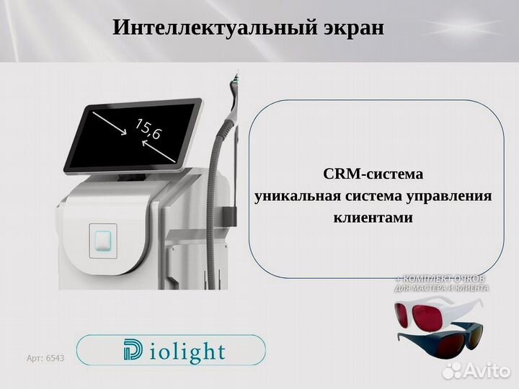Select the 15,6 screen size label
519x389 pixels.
pos(148,130)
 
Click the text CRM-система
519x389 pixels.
pos(373,174)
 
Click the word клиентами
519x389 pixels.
pos(373,218)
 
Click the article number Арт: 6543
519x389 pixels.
pos(45,358)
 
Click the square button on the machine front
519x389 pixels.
pos(103,240)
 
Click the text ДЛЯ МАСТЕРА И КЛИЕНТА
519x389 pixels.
pos(441,288)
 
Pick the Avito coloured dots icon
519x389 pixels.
pos(453,370)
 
